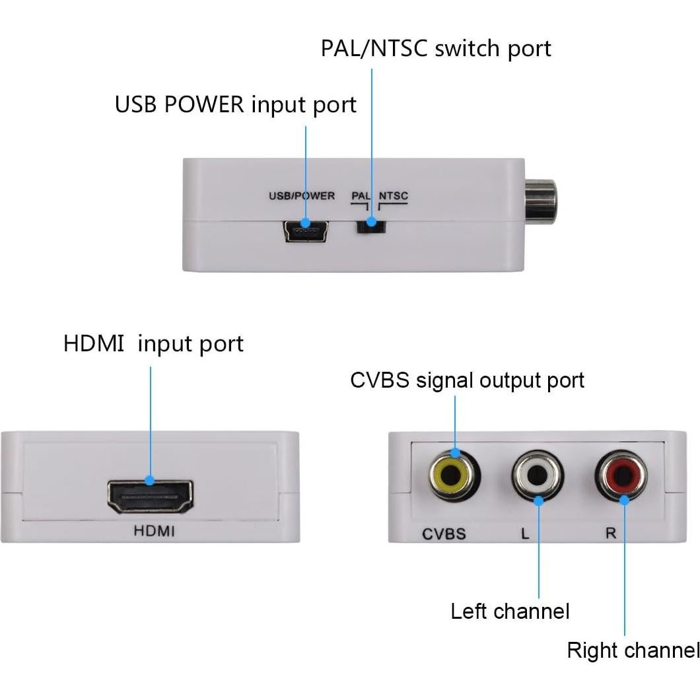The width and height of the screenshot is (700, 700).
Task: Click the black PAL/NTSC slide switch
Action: (370, 225)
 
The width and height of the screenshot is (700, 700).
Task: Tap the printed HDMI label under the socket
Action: (154, 530)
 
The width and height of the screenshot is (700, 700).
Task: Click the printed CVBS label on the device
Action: (444, 534)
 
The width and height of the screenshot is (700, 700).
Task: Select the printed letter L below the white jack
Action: (525, 534)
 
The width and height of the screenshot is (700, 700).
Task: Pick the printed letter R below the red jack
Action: (611, 534)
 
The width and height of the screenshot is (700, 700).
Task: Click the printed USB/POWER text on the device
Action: (302, 196)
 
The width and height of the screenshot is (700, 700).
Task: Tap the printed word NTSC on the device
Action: (394, 196)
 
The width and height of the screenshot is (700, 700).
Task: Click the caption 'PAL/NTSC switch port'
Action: (436, 48)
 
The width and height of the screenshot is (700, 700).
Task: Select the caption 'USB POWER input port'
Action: (236, 105)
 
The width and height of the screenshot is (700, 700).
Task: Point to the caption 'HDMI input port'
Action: (153, 344)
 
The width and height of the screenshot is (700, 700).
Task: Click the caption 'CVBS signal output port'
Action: (467, 380)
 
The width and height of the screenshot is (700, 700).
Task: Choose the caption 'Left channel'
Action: (510, 612)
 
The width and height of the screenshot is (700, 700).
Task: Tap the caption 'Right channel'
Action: (633, 651)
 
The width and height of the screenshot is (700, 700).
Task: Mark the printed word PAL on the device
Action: (361, 196)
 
